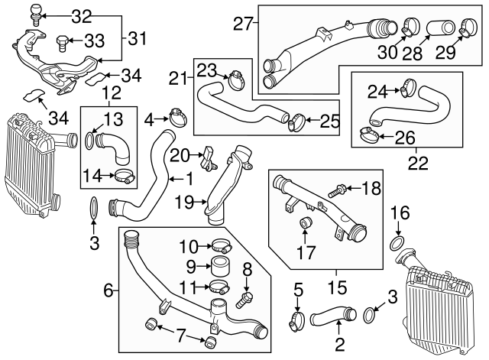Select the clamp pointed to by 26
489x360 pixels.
click(x=368, y=138)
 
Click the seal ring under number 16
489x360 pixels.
click(x=397, y=243)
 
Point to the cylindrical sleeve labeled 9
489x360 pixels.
click(x=222, y=268)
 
